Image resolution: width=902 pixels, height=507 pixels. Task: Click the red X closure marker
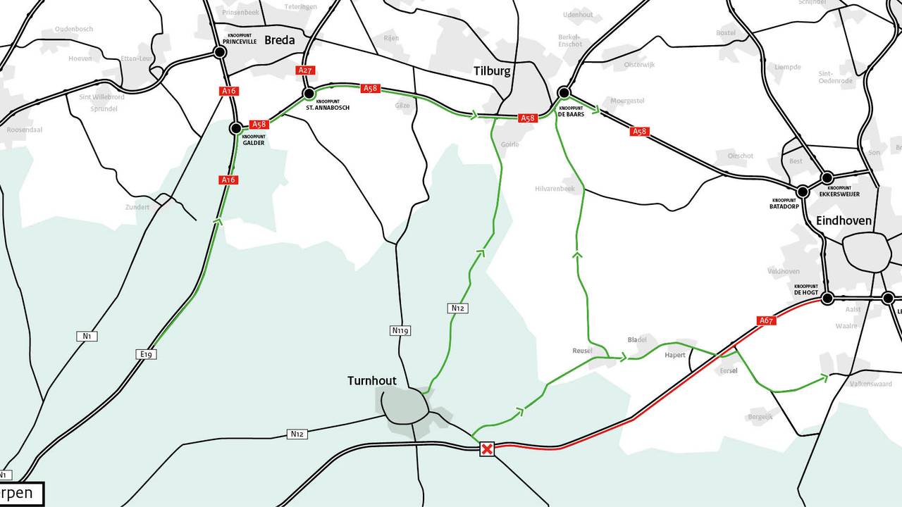(486, 449)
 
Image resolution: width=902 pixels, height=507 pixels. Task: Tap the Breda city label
(280, 40)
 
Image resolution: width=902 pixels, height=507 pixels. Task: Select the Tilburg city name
(492, 71)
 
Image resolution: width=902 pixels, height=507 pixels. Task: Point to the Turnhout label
(372, 381)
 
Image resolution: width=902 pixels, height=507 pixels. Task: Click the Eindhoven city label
(844, 220)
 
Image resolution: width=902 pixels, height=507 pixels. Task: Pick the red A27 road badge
(305, 70)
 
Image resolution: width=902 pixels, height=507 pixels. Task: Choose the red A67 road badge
(767, 320)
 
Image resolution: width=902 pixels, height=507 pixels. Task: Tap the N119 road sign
(400, 330)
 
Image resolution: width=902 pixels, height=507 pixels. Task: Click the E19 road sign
(147, 354)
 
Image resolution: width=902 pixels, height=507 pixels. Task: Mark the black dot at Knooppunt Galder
(236, 128)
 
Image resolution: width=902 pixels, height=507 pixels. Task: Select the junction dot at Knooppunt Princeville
(220, 51)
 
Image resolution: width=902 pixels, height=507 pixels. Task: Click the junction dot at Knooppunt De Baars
(564, 92)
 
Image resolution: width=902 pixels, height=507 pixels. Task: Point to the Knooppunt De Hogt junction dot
(827, 298)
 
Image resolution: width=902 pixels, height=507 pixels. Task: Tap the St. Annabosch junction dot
(309, 93)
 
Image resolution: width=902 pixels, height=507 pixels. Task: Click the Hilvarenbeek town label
(555, 189)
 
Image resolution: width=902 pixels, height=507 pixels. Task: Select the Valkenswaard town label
(871, 384)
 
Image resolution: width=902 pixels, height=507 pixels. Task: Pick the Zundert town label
(137, 207)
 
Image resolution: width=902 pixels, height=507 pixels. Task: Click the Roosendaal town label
(24, 130)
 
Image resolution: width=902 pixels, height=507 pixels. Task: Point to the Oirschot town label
(741, 156)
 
